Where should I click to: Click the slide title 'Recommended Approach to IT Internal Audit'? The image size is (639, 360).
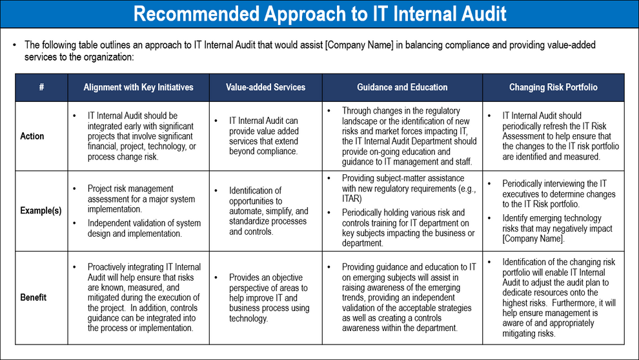tap(319, 14)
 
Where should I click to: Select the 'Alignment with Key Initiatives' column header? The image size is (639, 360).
tap(138, 87)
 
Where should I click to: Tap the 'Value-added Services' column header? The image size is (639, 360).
tap(265, 87)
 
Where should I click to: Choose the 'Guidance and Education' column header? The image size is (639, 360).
tap(402, 87)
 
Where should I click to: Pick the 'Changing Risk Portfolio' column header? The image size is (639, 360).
tap(553, 87)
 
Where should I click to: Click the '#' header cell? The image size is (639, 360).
tap(41, 87)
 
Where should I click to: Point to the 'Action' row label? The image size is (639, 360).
tap(32, 136)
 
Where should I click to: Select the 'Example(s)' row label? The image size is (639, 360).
tap(41, 212)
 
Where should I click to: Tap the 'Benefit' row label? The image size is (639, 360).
tap(33, 297)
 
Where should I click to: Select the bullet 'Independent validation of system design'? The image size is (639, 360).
tap(144, 228)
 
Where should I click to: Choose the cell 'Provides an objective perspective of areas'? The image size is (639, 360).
tap(269, 297)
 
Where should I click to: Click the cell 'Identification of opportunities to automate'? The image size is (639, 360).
tap(268, 211)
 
